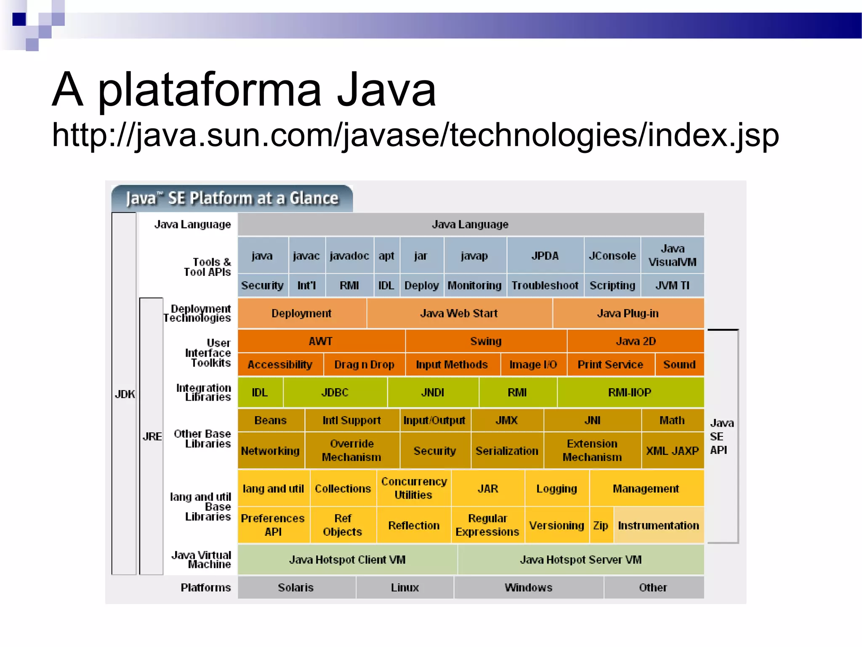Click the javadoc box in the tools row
point(349,256)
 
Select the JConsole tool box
point(612,256)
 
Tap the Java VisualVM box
point(672,255)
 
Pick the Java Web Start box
point(459,313)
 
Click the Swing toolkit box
point(486,341)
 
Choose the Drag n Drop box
point(364,365)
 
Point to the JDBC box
point(335,393)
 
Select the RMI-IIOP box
point(630,393)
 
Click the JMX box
point(507,420)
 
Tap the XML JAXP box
point(672,451)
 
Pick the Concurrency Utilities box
point(414,488)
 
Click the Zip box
point(601,525)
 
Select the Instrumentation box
point(658,525)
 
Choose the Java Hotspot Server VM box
point(580,560)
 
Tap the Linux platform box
point(404,588)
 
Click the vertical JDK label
point(125,394)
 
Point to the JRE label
point(152,436)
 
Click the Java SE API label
point(721,436)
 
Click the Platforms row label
point(205,588)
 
